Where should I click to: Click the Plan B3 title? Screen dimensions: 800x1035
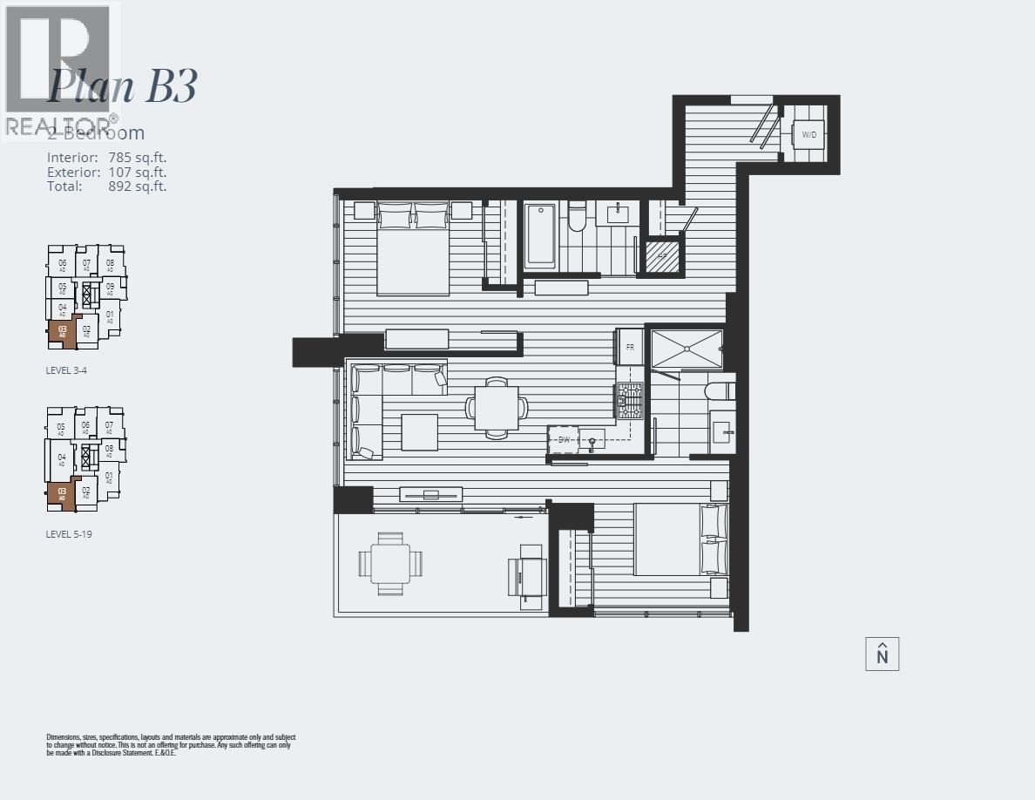122,85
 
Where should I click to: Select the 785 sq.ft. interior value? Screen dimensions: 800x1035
137,158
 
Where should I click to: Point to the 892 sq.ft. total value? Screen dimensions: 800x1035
137,186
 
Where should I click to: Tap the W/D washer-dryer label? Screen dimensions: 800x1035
809,135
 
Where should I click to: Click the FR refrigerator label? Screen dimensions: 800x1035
630,347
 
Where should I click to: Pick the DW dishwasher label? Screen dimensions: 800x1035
564,440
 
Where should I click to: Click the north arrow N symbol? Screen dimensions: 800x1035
882,654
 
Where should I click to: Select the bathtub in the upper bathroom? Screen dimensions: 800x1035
540,236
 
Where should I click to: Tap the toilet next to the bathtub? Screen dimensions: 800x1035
577,217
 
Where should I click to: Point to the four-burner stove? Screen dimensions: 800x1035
630,401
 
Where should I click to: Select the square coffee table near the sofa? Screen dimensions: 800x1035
419,431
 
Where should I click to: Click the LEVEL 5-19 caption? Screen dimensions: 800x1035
69,534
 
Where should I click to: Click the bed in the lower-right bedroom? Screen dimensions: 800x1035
680,539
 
